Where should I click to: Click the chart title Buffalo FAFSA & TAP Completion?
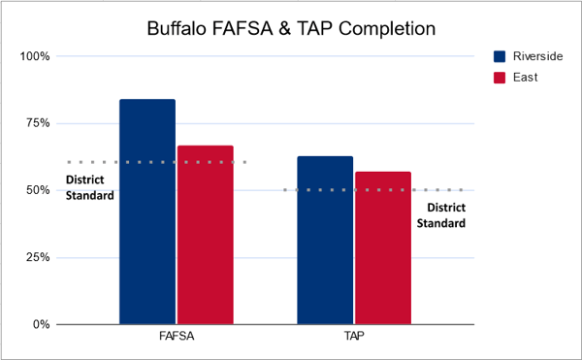coord(290,29)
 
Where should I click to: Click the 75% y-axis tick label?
coord(37,123)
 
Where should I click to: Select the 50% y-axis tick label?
coord(37,190)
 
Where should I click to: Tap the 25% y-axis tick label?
coord(37,257)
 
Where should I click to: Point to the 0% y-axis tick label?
coord(40,324)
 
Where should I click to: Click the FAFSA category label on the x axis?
coord(176,339)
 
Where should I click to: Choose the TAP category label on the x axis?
coord(354,339)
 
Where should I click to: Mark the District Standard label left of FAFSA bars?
coord(89,187)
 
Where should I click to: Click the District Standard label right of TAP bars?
coord(441,214)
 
